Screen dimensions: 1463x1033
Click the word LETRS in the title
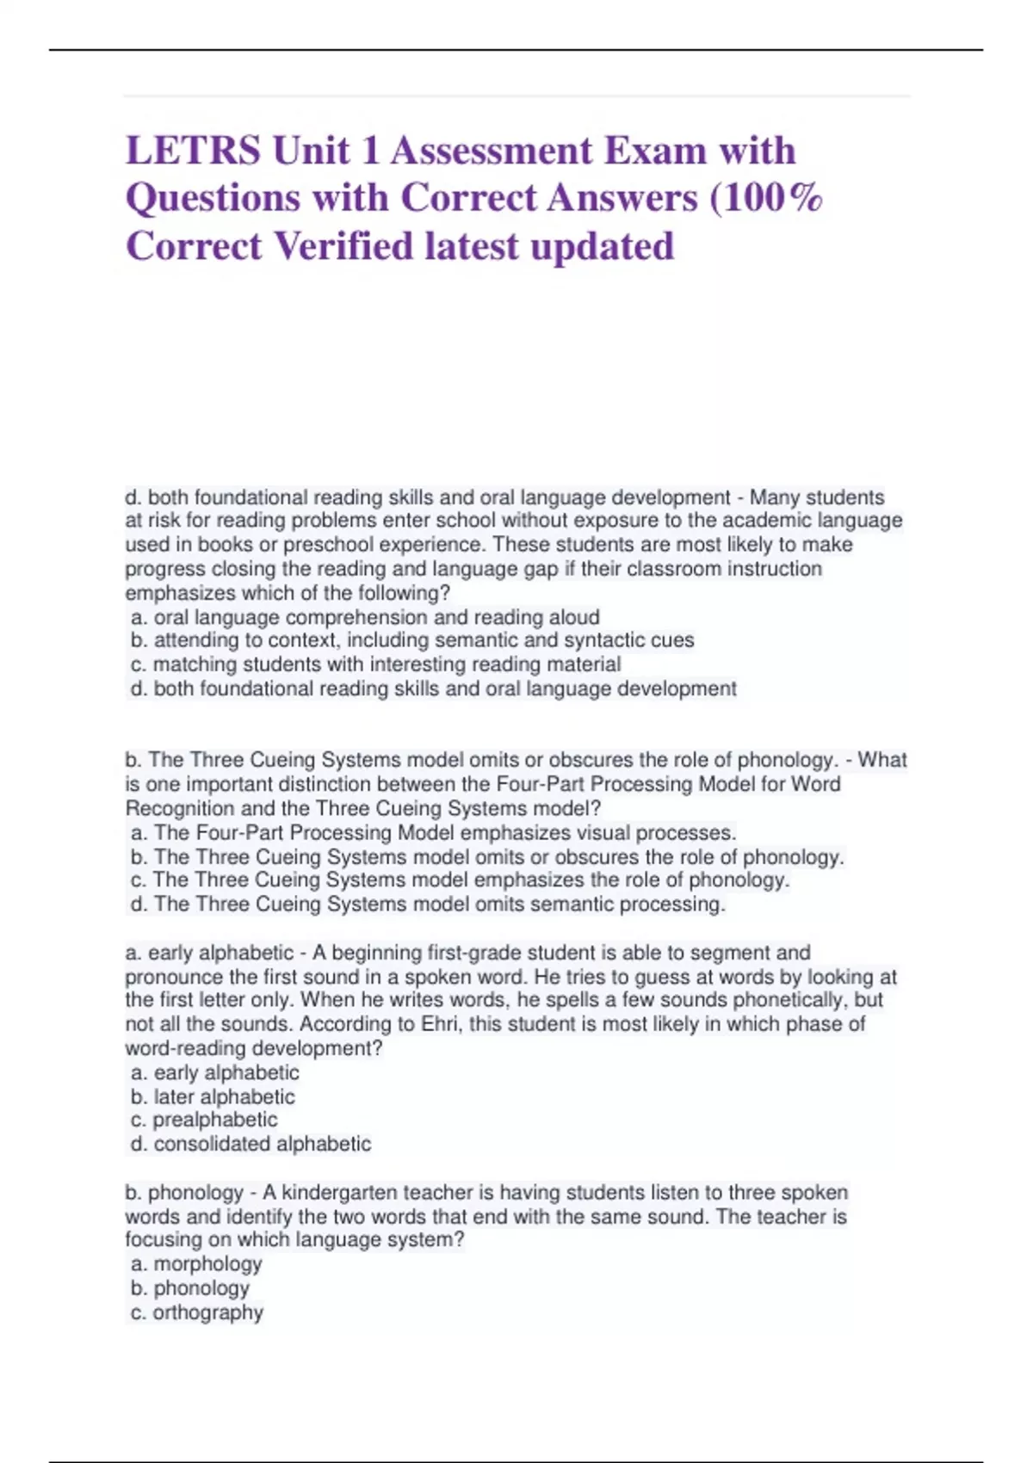coord(193,151)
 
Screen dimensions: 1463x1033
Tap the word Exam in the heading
coord(655,151)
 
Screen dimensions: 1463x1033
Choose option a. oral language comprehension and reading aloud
coord(365,617)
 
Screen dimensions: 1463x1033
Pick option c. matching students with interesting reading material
coord(375,664)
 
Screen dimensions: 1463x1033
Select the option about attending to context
coord(412,640)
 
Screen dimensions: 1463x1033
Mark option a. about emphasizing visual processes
coord(434,833)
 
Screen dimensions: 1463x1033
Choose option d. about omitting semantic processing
coord(428,904)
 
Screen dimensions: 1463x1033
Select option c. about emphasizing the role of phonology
coord(460,880)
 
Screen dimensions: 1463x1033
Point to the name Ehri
coord(442,1024)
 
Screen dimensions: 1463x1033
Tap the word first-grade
coord(478,953)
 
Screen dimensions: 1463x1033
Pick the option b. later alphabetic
coord(213,1097)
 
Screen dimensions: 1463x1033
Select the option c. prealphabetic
coord(204,1120)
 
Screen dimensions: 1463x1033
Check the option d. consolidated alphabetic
coord(251,1145)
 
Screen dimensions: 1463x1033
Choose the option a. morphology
coord(196,1264)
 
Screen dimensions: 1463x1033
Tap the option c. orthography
coord(197,1312)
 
